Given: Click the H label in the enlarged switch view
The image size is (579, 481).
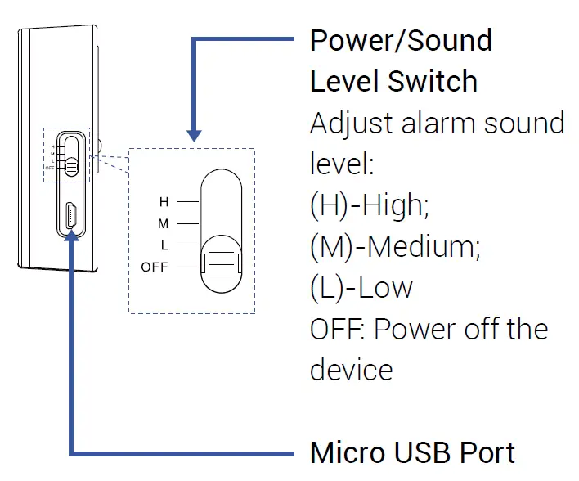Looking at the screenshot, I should [x=164, y=200].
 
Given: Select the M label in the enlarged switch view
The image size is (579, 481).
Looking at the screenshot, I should [x=164, y=223].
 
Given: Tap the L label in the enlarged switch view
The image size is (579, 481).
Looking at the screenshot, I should [x=164, y=245].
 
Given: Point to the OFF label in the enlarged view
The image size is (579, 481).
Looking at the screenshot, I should [x=154, y=267].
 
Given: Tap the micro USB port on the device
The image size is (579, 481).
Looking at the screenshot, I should [x=71, y=217].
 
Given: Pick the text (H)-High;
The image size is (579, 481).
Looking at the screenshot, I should [x=370, y=205].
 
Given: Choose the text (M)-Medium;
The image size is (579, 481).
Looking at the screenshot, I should [x=395, y=246].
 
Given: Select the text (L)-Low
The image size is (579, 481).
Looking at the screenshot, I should [x=361, y=287].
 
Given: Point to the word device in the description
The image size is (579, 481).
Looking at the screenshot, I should [x=351, y=370].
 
